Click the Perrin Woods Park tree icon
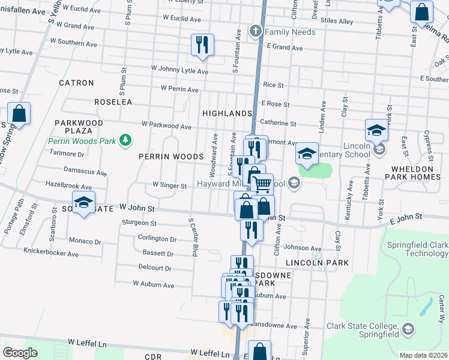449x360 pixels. (x=125, y=140)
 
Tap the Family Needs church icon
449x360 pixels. (x=256, y=31)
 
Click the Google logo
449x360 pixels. (x=20, y=352)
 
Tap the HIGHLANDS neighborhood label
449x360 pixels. (x=226, y=113)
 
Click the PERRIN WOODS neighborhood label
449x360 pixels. (x=171, y=157)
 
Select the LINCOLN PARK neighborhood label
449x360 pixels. (x=309, y=263)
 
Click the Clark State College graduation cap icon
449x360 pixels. (x=408, y=329)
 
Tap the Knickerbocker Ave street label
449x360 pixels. (x=51, y=253)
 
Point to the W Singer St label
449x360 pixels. (x=170, y=185)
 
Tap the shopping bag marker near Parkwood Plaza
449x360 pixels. (x=19, y=113)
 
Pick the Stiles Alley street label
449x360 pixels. (x=337, y=21)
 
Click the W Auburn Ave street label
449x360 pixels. (x=153, y=283)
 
